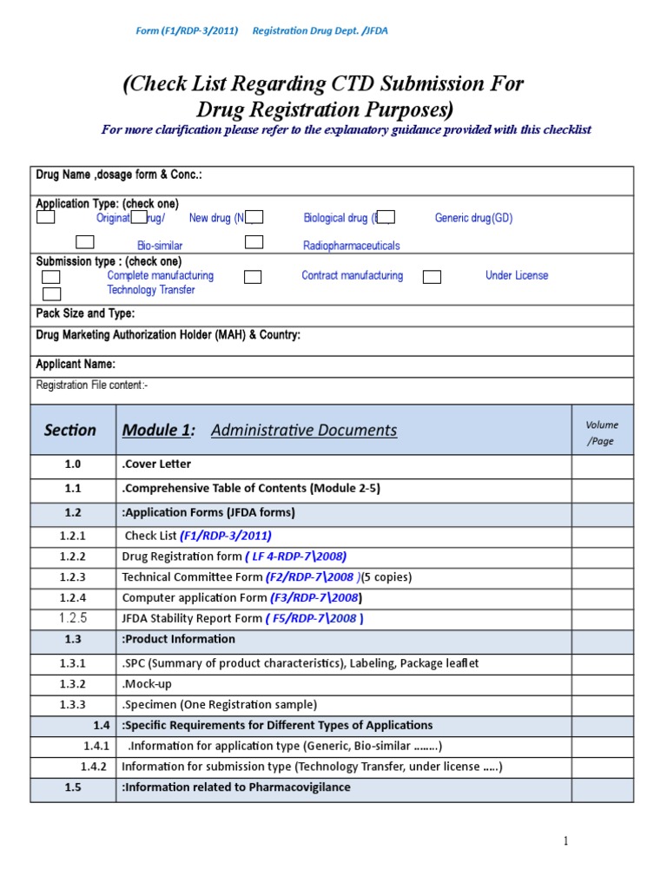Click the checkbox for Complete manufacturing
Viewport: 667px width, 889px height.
point(51,277)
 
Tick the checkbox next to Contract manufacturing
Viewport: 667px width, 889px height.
point(253,277)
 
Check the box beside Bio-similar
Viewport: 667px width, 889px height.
point(85,242)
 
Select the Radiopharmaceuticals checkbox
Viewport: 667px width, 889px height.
point(254,242)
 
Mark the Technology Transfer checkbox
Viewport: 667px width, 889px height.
point(51,293)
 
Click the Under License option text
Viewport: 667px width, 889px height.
point(517,275)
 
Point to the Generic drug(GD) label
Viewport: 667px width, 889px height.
point(473,218)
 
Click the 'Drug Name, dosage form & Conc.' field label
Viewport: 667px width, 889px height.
point(119,175)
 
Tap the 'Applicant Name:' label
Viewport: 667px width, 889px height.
point(76,365)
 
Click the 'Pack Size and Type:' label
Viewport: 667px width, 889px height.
point(85,313)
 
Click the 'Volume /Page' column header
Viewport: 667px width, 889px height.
point(601,432)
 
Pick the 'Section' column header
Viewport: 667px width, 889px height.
point(70,430)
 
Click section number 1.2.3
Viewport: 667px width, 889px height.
point(73,576)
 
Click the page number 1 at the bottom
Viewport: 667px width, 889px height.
point(565,840)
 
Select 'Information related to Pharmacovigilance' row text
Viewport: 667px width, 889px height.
point(236,787)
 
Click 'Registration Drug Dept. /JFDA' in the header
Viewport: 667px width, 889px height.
point(320,31)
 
